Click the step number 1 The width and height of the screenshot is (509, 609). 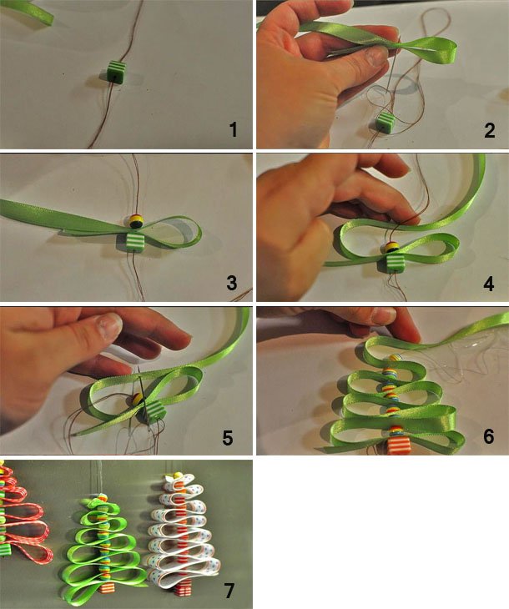point(233,129)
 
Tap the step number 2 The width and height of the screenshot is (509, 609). point(490,130)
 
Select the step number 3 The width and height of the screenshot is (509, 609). point(232,283)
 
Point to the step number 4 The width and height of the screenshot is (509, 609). point(489,284)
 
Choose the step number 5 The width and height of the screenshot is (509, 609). point(228,437)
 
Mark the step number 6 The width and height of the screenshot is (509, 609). point(489,436)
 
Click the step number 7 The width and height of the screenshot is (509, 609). point(229,591)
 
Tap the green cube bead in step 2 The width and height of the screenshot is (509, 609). point(386,124)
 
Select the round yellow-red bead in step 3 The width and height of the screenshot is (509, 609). point(136,221)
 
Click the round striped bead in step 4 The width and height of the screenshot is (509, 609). point(392,248)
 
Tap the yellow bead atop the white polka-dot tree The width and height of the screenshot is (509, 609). point(178,476)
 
